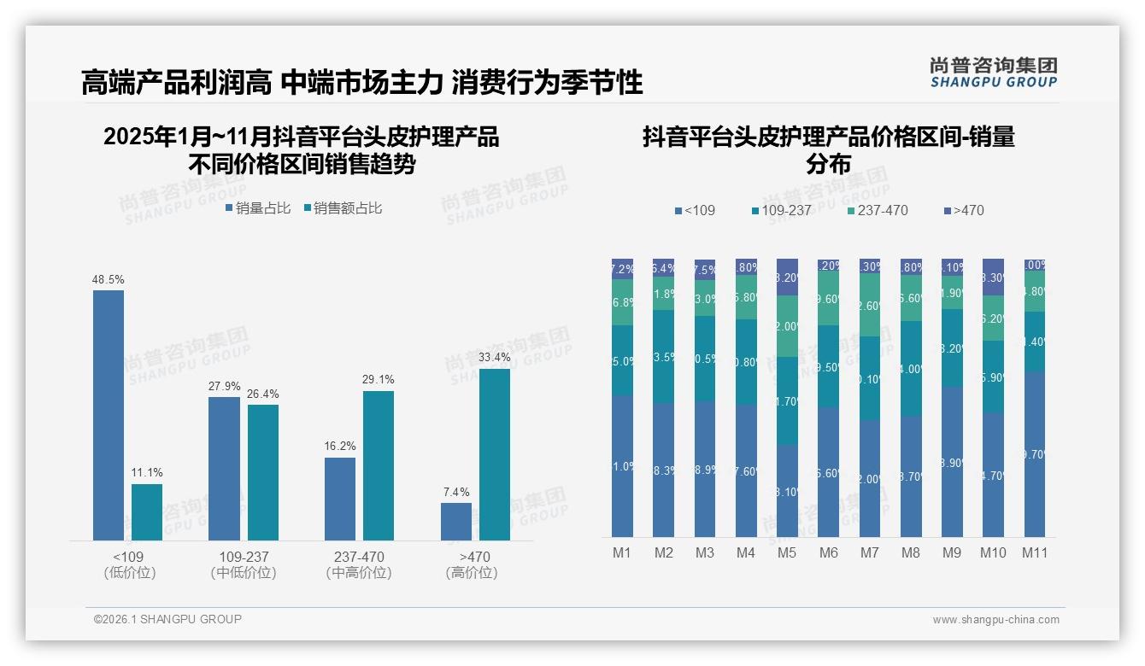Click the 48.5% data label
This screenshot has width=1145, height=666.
tap(109, 279)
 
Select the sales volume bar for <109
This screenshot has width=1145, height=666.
tap(109, 415)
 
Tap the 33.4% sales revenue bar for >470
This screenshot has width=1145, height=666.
tap(494, 454)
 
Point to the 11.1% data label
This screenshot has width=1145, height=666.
tap(147, 473)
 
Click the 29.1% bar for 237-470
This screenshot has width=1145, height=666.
tap(378, 465)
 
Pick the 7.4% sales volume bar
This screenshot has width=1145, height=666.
tap(455, 521)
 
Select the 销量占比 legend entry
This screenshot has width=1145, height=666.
tap(258, 208)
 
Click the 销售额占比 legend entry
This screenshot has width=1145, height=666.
tap(343, 208)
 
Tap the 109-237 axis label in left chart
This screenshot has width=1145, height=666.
tap(244, 557)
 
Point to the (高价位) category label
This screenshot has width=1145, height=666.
tap(471, 573)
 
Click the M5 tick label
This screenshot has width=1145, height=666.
tap(787, 552)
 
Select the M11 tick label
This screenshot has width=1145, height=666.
tap(1034, 552)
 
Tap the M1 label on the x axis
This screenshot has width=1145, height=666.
tap(622, 552)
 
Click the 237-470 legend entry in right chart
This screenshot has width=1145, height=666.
tap(878, 210)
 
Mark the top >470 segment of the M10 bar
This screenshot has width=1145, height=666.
tap(993, 277)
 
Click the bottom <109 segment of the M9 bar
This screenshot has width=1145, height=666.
tap(952, 461)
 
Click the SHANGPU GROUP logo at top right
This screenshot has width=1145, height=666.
tap(993, 72)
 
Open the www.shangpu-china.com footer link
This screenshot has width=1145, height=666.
tap(995, 620)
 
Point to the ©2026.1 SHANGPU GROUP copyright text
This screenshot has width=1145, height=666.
tap(167, 619)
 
